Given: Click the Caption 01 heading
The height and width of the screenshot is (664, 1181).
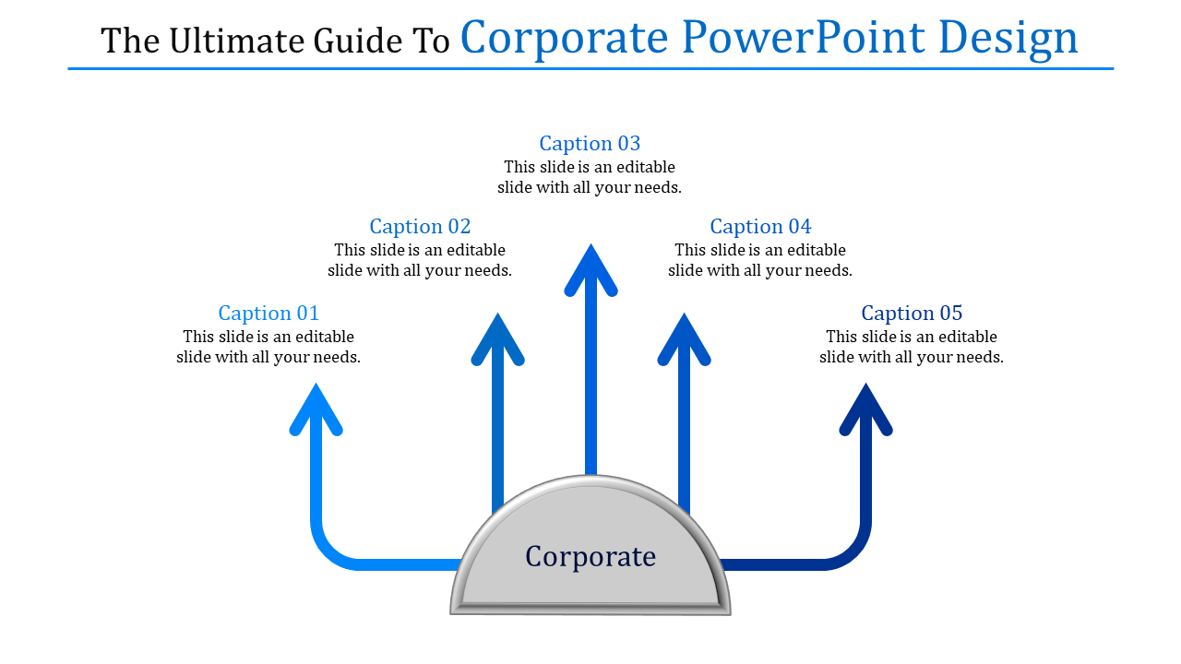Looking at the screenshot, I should click(268, 313).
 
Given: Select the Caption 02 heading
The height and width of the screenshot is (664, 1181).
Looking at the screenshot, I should click(420, 226).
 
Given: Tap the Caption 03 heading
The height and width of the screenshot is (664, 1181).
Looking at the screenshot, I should click(590, 143).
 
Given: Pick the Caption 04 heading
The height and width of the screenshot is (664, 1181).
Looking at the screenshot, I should click(760, 226).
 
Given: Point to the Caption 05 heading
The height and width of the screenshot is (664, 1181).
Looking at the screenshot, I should click(912, 313).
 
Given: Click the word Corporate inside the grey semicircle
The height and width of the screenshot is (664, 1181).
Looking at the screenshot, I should click(590, 556).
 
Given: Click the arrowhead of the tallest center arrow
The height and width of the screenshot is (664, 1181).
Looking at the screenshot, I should click(590, 268).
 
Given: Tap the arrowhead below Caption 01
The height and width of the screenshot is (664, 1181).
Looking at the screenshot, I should click(316, 408).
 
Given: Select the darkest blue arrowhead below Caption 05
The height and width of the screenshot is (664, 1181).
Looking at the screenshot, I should click(865, 408).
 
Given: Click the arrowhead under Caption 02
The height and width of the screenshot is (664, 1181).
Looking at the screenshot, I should click(497, 338).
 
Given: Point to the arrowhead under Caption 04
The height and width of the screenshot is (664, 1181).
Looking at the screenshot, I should click(684, 338).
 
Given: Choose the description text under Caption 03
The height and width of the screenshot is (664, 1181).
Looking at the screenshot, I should click(590, 177).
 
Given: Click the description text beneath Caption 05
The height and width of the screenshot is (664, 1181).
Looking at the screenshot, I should click(912, 347).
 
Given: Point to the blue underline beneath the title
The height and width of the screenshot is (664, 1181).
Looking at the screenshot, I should click(590, 68).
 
